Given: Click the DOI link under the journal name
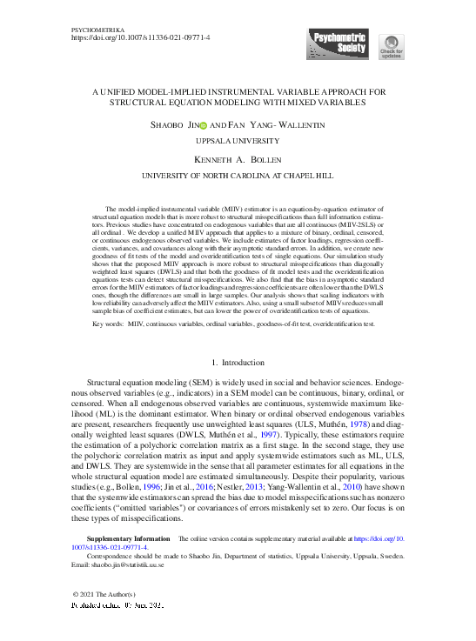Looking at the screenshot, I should pos(139,38).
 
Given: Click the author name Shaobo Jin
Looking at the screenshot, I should pos(173,125).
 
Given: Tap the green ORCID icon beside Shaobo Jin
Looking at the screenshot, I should pos(204,125).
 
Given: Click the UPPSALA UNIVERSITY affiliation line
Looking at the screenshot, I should pos(238,139).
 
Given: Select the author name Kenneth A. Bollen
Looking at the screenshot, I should pos(238,160).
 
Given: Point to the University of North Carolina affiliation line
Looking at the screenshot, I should pos(238,175).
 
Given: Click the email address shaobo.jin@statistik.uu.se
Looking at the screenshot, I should pos(131,563).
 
